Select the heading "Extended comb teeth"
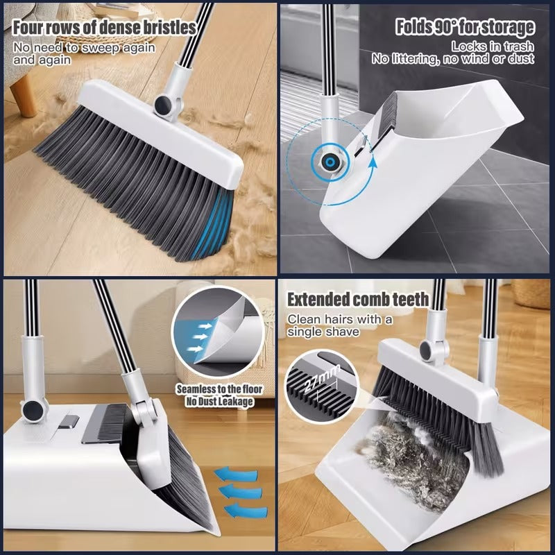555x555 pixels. (x=358, y=300)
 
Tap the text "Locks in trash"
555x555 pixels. (x=493, y=46)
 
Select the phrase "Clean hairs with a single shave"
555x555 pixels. (x=340, y=325)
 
